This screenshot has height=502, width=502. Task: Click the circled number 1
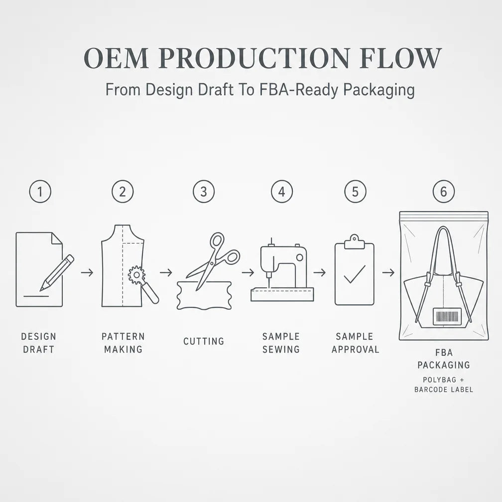[40, 191]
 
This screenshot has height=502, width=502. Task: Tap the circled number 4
[282, 191]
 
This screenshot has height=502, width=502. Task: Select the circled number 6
[443, 191]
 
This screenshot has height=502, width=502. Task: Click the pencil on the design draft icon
[57, 272]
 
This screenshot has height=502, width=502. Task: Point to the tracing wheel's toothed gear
[136, 275]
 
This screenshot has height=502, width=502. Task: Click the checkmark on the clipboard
[355, 274]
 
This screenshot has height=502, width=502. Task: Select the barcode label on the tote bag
[447, 316]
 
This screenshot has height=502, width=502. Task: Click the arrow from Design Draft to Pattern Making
[87, 272]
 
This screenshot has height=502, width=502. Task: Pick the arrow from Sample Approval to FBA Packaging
[388, 272]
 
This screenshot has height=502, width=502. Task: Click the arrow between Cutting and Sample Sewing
[248, 272]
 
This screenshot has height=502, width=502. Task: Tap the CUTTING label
[204, 341]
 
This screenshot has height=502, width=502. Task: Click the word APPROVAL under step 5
[356, 349]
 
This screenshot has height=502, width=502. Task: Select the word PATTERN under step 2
[124, 337]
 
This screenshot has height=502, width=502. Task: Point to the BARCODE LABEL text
[444, 389]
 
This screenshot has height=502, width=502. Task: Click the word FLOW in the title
[400, 58]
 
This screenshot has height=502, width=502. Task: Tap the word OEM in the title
[116, 58]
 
